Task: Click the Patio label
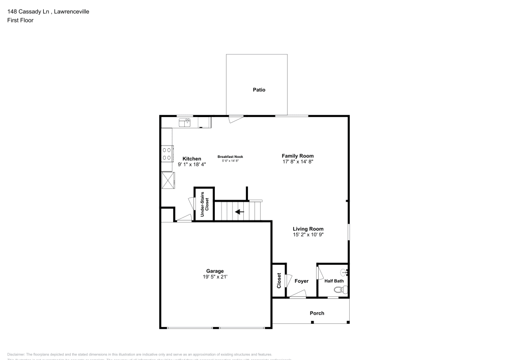coord(259,90)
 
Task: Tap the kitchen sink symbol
coord(184,122)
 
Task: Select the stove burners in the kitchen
coord(166,154)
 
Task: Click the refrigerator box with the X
coord(167,179)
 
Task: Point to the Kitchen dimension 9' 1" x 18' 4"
coord(191,164)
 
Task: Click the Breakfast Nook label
coord(230,156)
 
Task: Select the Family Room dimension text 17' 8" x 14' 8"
coord(298,161)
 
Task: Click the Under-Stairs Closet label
coord(204,205)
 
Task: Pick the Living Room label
coord(308,229)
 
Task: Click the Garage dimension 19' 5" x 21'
coord(215,277)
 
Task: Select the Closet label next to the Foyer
coord(279,281)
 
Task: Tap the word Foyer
coord(301,281)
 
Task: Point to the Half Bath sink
coord(345,272)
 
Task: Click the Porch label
coord(317,313)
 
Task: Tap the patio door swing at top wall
coord(235,119)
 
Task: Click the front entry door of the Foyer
coord(298,294)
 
